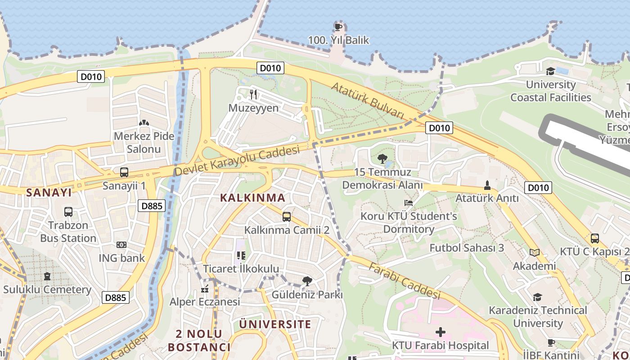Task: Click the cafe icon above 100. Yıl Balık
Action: pos(338,27)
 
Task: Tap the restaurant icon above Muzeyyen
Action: pos(253,94)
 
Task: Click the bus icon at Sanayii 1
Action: pos(124,172)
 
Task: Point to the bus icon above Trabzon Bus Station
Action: pos(68,212)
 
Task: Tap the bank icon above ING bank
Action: pos(121,245)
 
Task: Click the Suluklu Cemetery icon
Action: pos(47,276)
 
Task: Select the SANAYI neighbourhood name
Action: pos(49,193)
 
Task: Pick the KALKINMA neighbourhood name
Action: pos(252,198)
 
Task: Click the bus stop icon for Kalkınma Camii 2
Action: pos(287,217)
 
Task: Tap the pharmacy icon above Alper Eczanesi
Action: pos(205,288)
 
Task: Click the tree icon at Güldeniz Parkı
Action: pos(307,282)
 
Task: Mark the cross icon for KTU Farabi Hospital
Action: pos(440,332)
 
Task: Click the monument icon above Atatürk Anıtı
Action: pos(487,185)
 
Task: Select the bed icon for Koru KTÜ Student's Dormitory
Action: pos(408,203)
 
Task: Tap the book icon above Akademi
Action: pos(535,253)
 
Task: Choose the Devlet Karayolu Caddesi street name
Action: pos(237,161)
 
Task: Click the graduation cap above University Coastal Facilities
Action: pos(550,72)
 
